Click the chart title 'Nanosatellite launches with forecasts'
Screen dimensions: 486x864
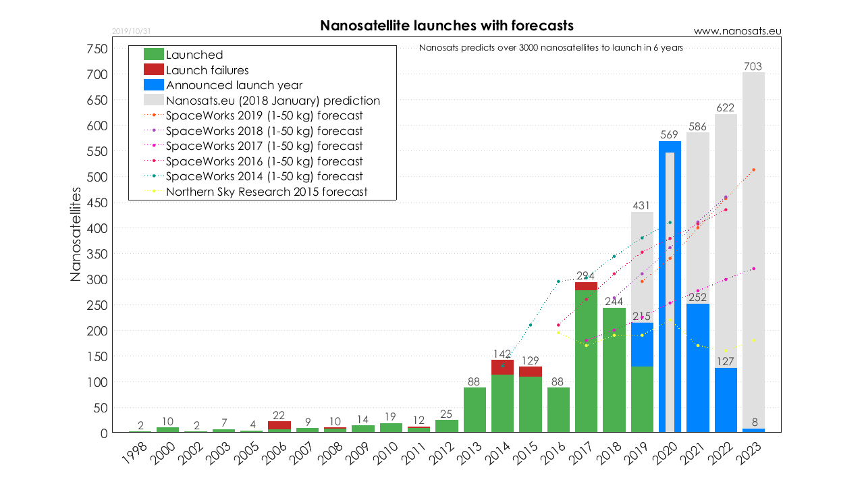point(446,26)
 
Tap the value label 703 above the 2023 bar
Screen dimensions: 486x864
point(753,66)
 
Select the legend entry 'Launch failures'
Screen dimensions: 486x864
point(207,70)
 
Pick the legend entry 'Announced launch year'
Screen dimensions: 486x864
point(234,85)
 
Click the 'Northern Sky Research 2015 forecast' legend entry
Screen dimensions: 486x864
point(266,192)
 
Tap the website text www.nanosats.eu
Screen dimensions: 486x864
point(737,31)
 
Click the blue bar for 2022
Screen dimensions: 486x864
point(726,400)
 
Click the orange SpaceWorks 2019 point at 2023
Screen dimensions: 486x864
point(753,169)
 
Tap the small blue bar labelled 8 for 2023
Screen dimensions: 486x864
point(753,430)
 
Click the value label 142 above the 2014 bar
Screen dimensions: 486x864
point(503,354)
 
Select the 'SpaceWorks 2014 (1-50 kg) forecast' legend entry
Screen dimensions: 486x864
point(264,176)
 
